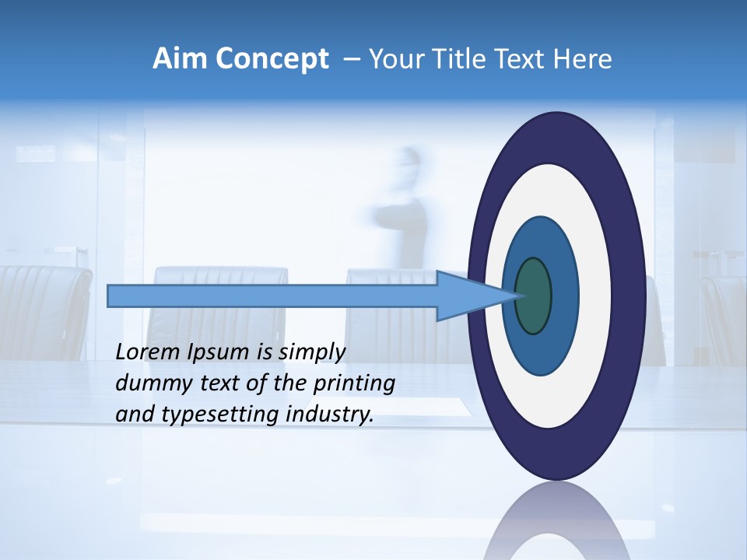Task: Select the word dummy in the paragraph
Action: (146, 383)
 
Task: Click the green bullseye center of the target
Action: (533, 296)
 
